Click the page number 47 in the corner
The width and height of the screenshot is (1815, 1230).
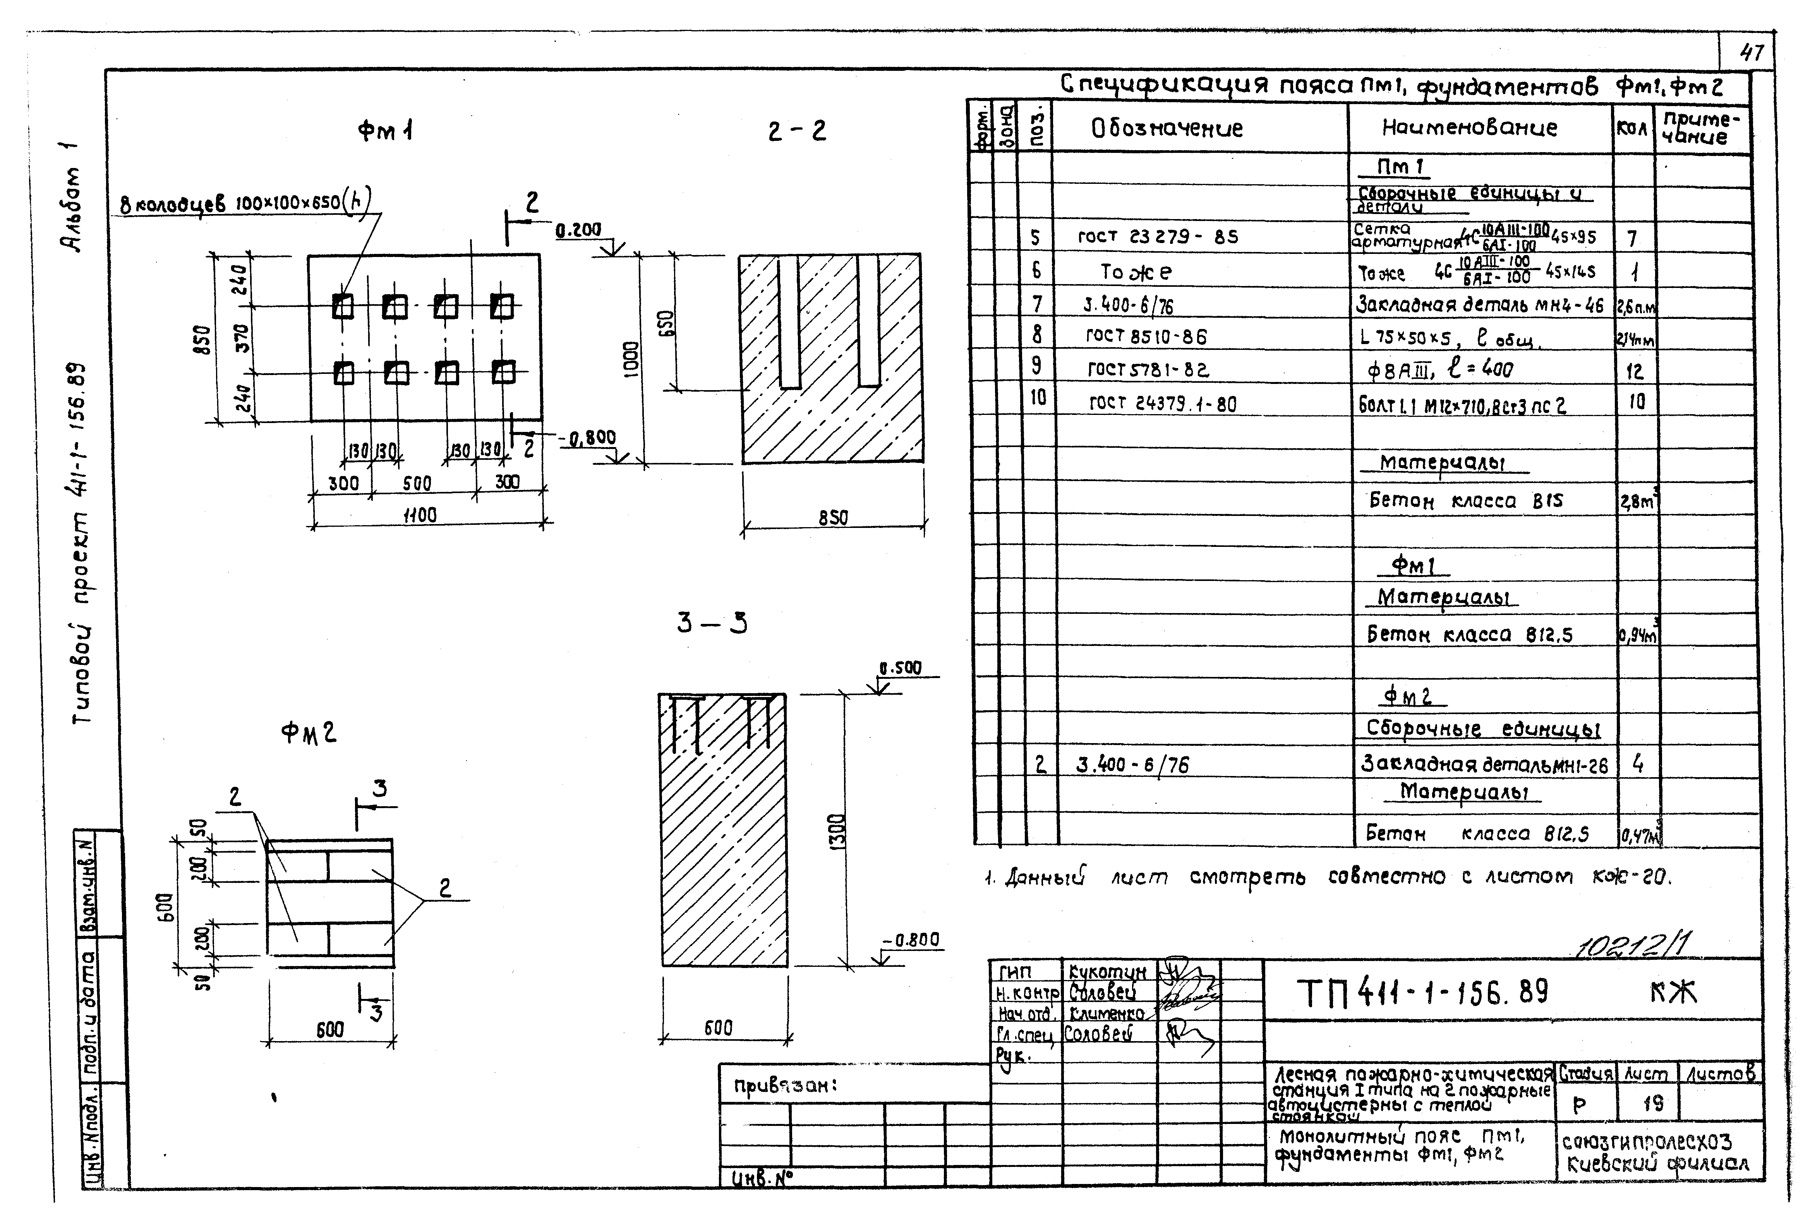(1752, 53)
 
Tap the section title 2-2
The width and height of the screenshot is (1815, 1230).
(797, 130)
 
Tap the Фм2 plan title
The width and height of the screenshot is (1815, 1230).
(309, 733)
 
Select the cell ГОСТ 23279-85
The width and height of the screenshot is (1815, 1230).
(1158, 236)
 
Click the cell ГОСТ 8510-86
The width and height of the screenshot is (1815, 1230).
(1146, 337)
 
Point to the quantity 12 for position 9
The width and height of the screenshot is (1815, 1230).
(1634, 371)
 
